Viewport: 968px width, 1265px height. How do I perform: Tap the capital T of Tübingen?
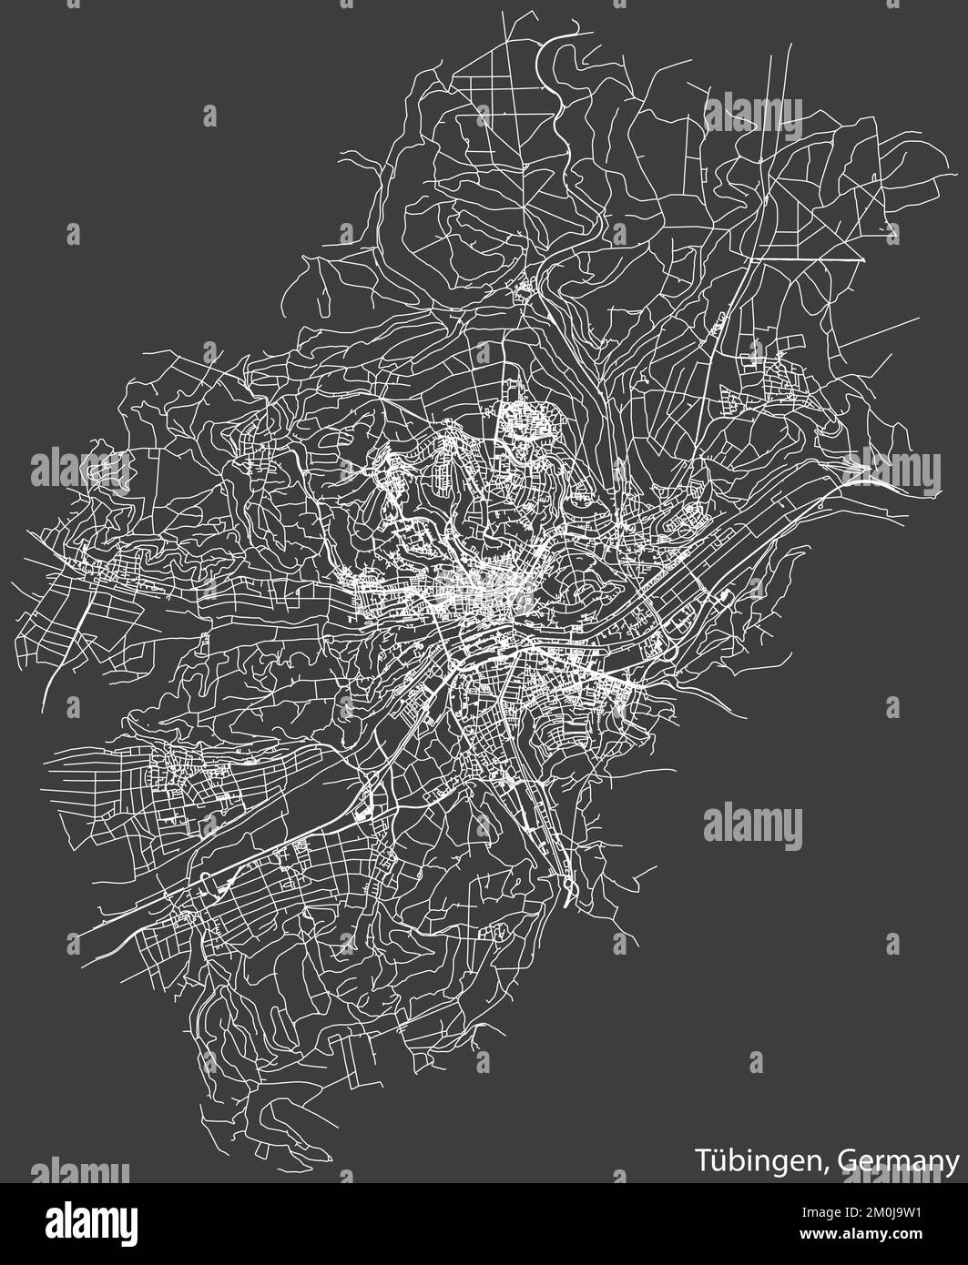[704, 1161]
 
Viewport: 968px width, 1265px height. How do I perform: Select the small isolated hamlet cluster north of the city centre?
[524, 292]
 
